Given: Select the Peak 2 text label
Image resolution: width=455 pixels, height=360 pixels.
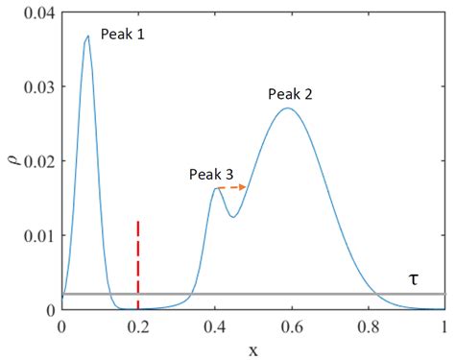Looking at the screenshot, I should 291,94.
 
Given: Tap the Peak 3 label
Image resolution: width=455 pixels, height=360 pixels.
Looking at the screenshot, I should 211,174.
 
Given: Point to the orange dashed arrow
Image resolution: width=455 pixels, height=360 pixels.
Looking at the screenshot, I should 233,188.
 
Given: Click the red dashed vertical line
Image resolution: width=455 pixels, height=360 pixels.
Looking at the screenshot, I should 138,259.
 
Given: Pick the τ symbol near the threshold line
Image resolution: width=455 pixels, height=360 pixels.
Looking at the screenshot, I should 414,278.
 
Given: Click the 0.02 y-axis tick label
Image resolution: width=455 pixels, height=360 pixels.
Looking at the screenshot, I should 35,159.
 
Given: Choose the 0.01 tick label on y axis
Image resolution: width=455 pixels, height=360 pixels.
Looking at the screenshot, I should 35,234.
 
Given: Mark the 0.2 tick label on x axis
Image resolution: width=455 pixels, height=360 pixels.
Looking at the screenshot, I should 138,325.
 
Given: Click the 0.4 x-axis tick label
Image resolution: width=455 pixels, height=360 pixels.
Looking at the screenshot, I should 215,325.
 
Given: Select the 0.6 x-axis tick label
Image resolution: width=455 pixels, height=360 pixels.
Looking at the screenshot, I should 292,325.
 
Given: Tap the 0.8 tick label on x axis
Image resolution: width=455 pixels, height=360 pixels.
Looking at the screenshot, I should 369,325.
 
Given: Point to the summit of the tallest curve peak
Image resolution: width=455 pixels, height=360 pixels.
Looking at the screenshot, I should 87,36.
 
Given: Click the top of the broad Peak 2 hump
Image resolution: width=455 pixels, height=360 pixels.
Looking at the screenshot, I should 287,108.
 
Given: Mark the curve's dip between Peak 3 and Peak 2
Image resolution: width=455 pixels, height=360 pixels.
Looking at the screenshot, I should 232,217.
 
